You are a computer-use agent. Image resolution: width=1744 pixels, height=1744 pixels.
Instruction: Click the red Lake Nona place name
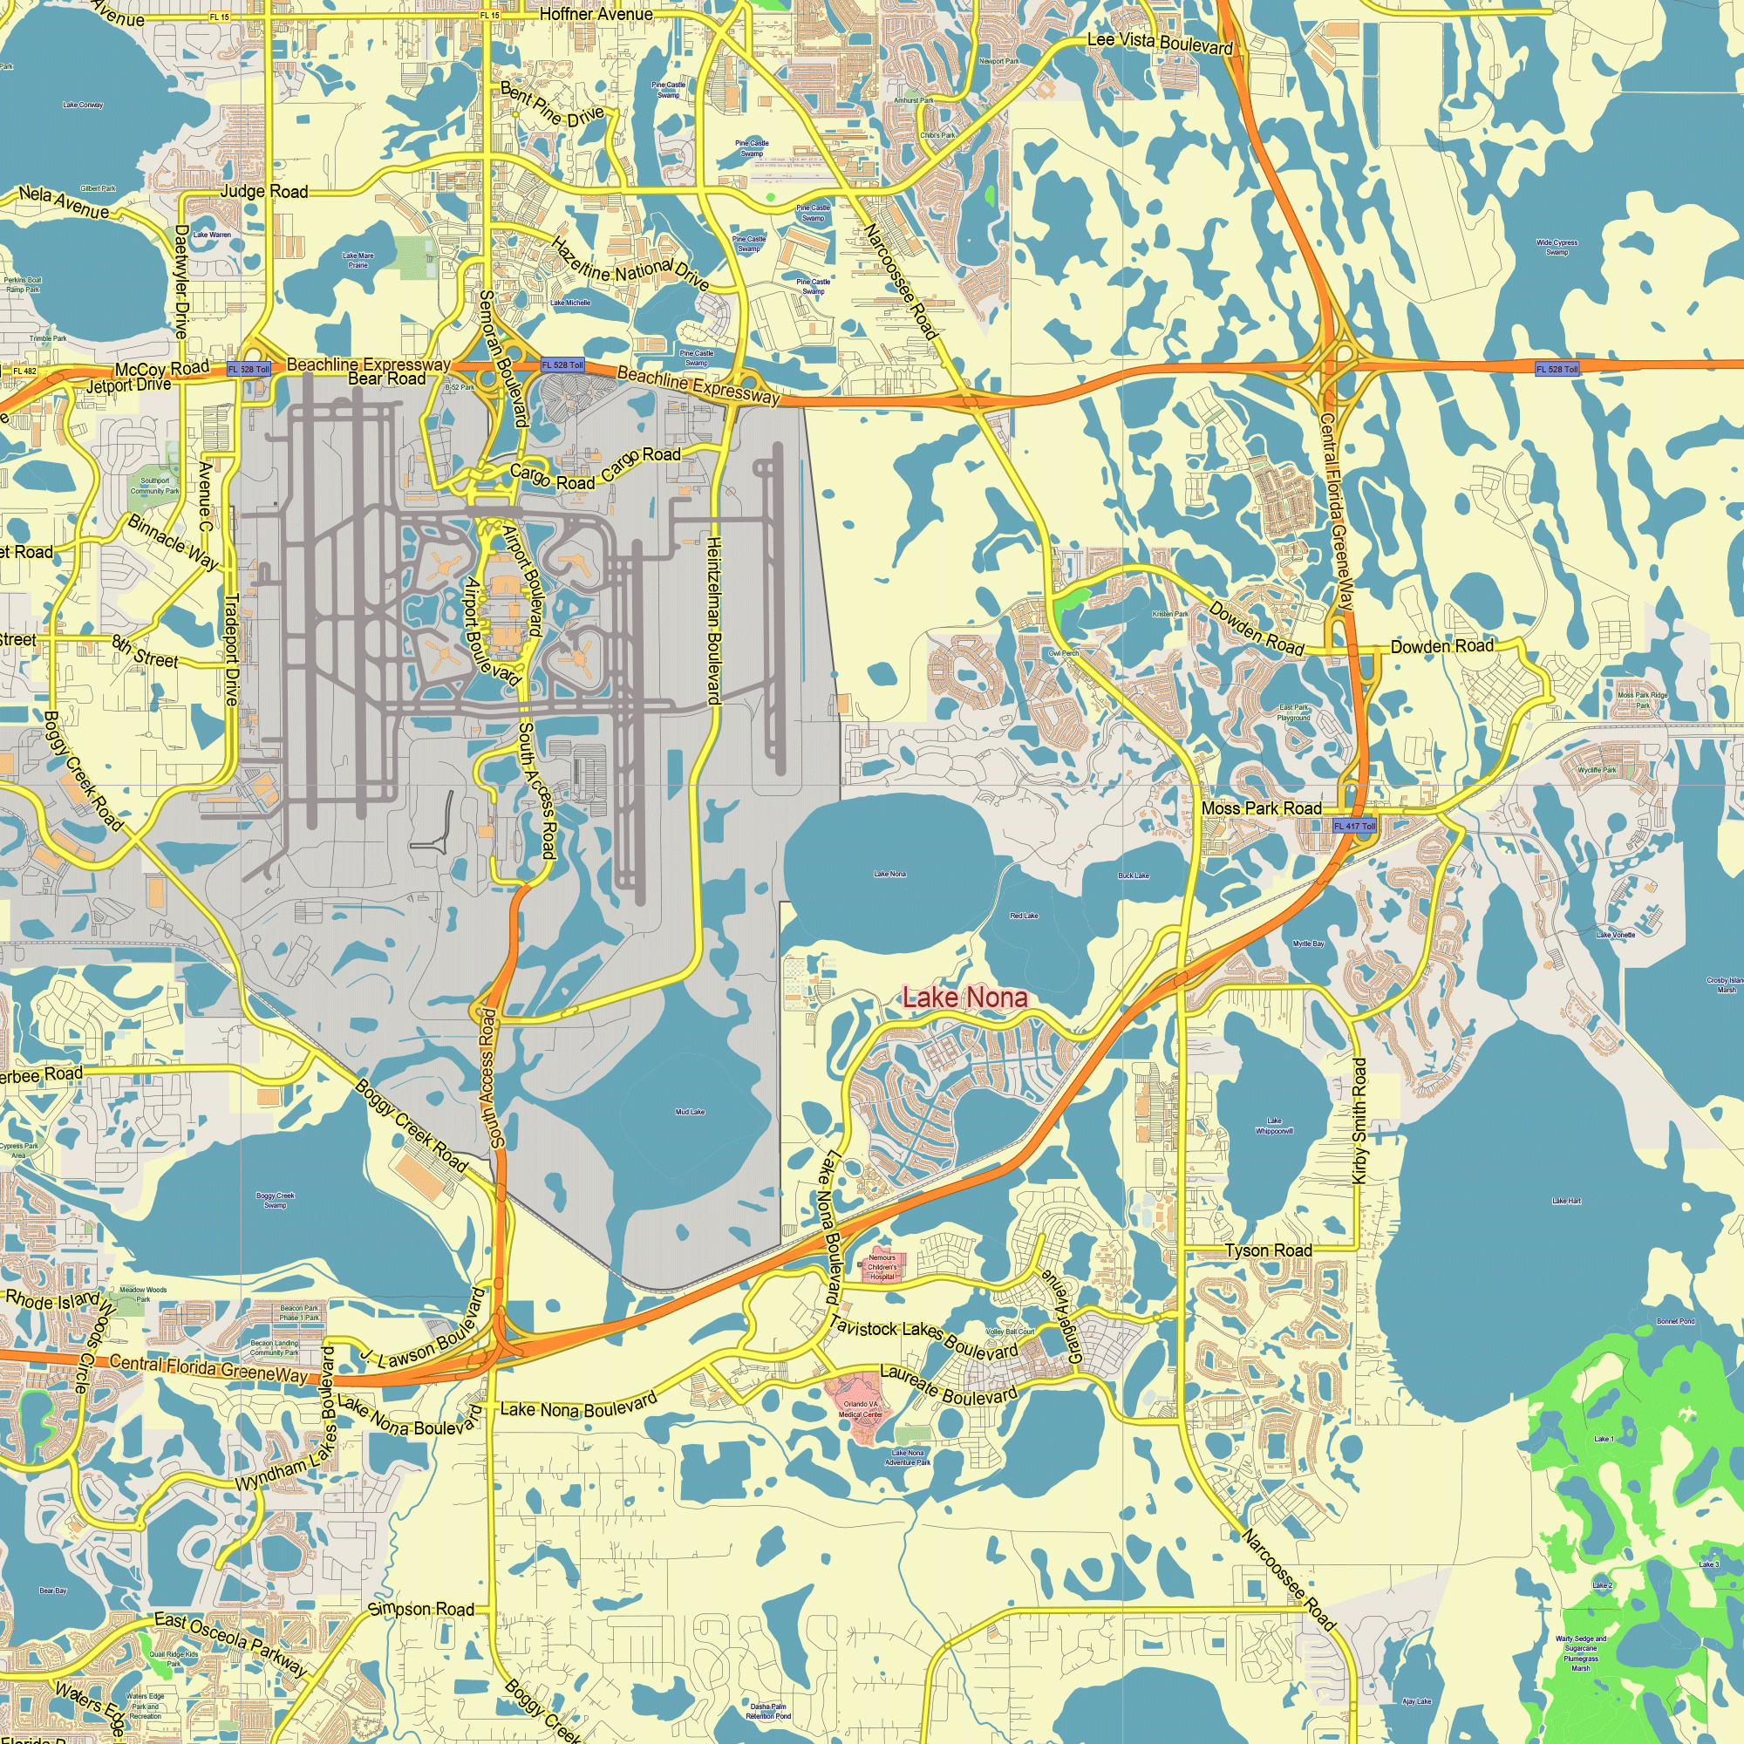[x=965, y=998]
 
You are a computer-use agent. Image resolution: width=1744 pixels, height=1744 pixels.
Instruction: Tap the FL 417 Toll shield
[x=1355, y=826]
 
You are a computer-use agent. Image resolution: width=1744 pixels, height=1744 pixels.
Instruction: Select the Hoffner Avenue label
[x=596, y=15]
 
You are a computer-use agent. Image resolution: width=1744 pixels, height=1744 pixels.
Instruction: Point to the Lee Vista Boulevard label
[x=1159, y=43]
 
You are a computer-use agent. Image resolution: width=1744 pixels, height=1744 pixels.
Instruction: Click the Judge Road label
[x=264, y=191]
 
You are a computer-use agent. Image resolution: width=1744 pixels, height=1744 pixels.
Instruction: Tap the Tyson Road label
[x=1268, y=1250]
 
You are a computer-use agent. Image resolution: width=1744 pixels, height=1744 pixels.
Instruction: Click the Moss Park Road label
[x=1261, y=808]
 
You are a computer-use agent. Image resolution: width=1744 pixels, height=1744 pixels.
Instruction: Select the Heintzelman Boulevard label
[x=713, y=620]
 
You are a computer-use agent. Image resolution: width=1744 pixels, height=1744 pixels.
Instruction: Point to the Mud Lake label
[x=690, y=1112]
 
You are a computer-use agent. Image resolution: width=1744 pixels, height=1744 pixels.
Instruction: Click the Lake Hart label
[x=1566, y=1202]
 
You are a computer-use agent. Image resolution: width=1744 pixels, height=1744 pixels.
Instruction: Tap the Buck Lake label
[x=1133, y=875]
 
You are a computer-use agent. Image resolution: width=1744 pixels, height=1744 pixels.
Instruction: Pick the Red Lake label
[x=1024, y=916]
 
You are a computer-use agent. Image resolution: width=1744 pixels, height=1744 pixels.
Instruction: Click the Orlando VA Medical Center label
[x=861, y=1409]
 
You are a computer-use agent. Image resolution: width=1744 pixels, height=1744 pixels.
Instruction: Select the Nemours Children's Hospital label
[x=882, y=1267]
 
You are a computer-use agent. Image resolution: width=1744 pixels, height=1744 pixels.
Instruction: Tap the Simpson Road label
[x=420, y=1610]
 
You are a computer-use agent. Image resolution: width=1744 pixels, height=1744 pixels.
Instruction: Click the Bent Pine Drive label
[x=552, y=105]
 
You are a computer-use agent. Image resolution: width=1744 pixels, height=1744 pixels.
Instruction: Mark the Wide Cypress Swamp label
[x=1557, y=247]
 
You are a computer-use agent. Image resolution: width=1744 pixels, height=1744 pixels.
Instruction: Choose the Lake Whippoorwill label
[x=1274, y=1125]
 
